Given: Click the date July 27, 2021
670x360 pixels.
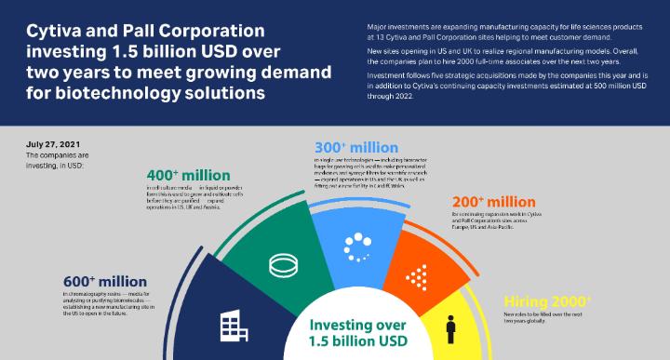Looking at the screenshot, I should tap(53, 145).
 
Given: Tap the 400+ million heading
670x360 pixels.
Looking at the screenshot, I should tap(190, 176).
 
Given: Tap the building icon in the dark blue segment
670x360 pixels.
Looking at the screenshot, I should tap(232, 326).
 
